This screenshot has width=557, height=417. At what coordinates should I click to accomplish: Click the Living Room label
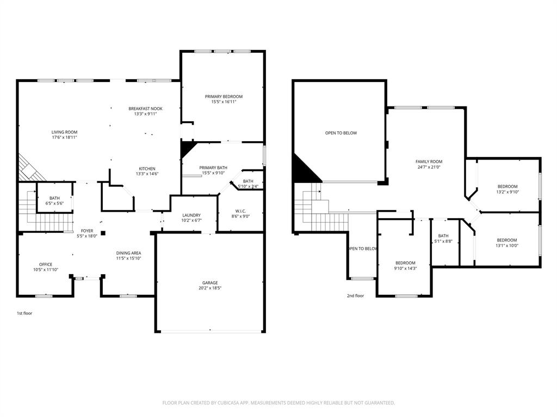tap(64, 132)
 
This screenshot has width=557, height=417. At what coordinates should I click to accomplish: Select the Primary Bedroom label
tap(224, 97)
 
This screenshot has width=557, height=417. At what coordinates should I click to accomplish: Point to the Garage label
tap(210, 282)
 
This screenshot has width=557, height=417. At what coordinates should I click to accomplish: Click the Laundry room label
tap(191, 215)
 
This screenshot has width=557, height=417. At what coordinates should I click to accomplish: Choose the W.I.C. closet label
tap(240, 211)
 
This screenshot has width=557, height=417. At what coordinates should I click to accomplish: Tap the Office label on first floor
tap(46, 264)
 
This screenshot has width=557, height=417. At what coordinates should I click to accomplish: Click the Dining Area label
tap(128, 253)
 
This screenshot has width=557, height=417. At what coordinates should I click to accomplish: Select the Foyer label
tap(87, 231)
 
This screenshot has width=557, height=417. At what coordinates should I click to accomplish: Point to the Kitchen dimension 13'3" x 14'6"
tap(147, 174)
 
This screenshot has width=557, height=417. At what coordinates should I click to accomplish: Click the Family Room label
tap(429, 161)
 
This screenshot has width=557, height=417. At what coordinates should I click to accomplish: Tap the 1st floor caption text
tap(24, 313)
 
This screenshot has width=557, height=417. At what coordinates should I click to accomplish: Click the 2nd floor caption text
tap(355, 296)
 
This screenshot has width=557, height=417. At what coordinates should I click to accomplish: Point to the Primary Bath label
tap(213, 168)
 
